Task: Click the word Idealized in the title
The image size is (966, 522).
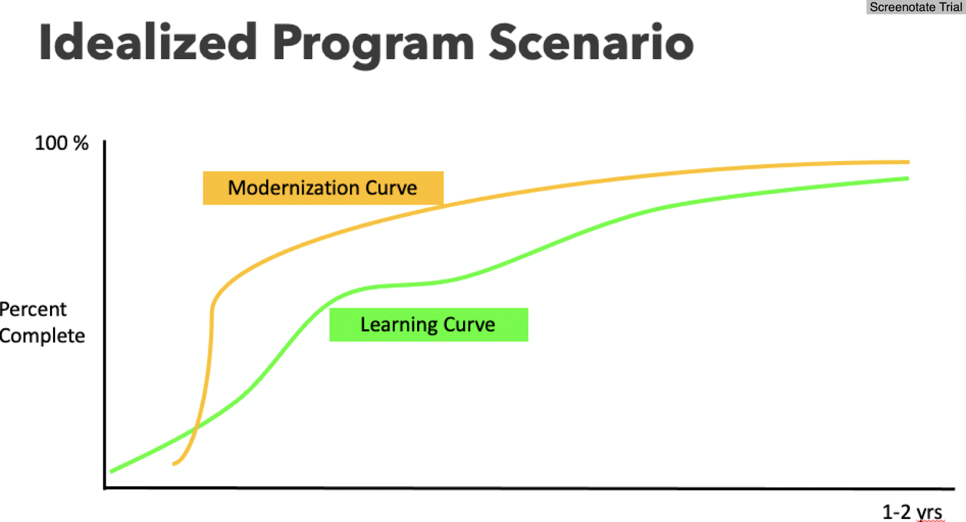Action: [149, 42]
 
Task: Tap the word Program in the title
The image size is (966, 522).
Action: [374, 46]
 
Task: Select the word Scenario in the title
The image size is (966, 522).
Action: [591, 42]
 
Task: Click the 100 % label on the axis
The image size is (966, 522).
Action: [62, 143]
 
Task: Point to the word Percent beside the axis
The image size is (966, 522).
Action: [33, 309]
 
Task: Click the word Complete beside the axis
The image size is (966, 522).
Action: [42, 336]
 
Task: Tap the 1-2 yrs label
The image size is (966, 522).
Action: [912, 512]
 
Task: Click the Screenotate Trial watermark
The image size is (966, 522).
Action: [915, 7]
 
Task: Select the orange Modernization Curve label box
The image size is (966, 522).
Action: [323, 188]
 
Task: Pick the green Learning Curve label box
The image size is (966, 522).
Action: [429, 325]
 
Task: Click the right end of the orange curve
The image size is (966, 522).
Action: [909, 162]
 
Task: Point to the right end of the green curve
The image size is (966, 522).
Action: [908, 179]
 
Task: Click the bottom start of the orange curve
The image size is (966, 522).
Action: [174, 464]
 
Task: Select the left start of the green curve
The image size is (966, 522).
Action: [111, 471]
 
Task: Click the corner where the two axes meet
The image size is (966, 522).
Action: [105, 488]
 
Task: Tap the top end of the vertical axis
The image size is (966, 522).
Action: [104, 141]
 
